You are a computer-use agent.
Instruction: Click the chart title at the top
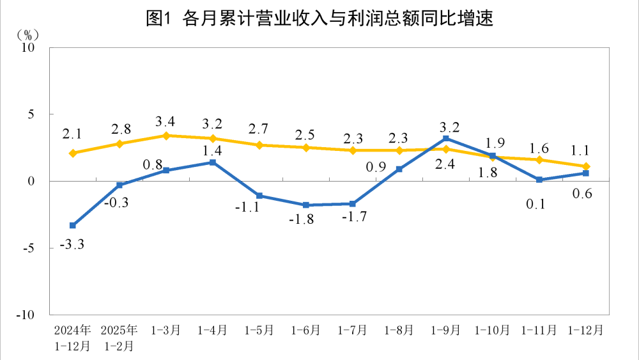[x=319, y=19]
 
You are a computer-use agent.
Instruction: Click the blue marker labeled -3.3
[x=73, y=225]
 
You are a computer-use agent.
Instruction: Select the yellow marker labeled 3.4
[x=166, y=136]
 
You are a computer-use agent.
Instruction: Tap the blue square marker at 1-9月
[x=446, y=138]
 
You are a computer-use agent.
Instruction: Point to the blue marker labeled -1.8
[x=306, y=205]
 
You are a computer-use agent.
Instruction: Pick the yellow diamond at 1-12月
[x=586, y=166]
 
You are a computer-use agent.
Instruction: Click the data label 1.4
[x=212, y=152]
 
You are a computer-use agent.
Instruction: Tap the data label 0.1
[x=539, y=204]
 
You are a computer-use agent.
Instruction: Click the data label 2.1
[x=72, y=134]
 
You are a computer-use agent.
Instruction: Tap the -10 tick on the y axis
[x=27, y=315]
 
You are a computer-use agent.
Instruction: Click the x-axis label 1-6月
[x=306, y=331]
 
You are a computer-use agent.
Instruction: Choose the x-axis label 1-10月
[x=492, y=331]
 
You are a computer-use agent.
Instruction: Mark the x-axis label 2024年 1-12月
[x=73, y=338]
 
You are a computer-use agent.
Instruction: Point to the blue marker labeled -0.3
[x=119, y=185]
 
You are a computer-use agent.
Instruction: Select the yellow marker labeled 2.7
[x=259, y=145]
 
